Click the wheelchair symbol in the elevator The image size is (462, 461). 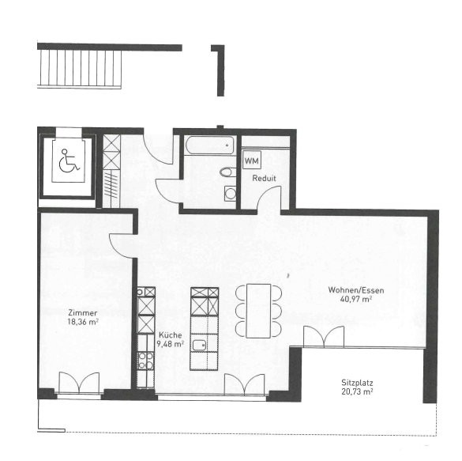[x=69, y=161]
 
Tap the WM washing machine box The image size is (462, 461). [x=252, y=161]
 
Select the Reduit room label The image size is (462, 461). [x=264, y=178]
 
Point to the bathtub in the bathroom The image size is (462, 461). [x=209, y=145]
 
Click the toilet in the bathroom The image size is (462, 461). [x=227, y=172]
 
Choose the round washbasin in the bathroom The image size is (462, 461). [x=230, y=194]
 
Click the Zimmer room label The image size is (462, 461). [x=82, y=312]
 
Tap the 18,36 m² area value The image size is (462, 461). [x=83, y=322]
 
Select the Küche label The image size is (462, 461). [x=171, y=335]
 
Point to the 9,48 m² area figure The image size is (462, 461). [x=171, y=344]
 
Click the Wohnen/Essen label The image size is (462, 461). [x=356, y=290]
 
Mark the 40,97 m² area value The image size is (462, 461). [x=356, y=299]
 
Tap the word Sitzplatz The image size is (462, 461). [x=357, y=383]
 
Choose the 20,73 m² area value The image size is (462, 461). [x=357, y=391]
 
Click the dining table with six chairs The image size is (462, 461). [x=258, y=311]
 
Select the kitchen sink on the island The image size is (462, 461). [x=200, y=346]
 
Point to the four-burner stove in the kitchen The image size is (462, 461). [x=146, y=361]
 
